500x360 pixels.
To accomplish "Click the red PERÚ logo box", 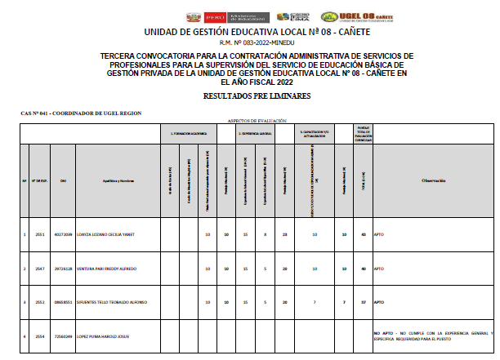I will coord(216,16).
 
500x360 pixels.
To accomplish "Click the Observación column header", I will coord(433,180).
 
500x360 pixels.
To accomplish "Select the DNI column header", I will coord(64,180).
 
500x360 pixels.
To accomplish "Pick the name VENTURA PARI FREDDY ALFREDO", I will coord(106,269).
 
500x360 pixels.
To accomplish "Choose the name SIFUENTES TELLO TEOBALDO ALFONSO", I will coord(111,302).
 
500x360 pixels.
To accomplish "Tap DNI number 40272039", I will coord(63,234).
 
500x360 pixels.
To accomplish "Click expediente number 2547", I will coord(38,269).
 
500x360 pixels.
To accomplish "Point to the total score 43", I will coord(363,234).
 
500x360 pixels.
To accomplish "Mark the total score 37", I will coord(363,302).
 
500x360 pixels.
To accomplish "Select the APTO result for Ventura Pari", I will coord(379,269).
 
